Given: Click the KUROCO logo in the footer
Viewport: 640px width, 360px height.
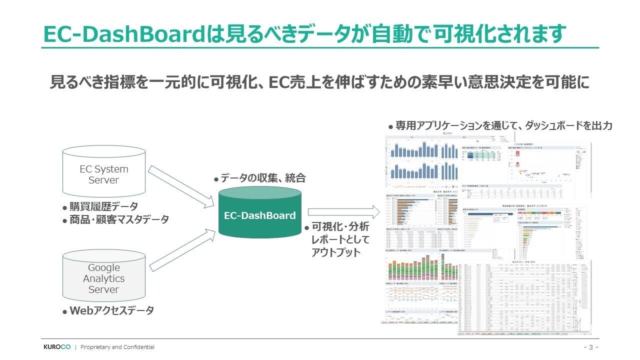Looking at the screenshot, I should pos(56,347).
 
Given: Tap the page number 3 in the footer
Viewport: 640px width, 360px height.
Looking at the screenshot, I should pos(590,347).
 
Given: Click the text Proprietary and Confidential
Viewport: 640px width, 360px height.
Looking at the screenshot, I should pos(117,347).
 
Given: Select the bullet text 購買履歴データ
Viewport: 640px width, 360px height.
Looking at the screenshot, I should pos(103,206).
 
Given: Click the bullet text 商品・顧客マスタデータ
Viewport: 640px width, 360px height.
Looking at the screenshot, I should pos(119,219).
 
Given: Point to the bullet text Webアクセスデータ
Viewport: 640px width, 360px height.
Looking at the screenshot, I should pos(111,310).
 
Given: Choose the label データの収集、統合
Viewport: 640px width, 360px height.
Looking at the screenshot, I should pos(262,178).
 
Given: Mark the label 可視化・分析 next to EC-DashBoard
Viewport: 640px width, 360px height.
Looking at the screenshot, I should pos(340,226).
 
